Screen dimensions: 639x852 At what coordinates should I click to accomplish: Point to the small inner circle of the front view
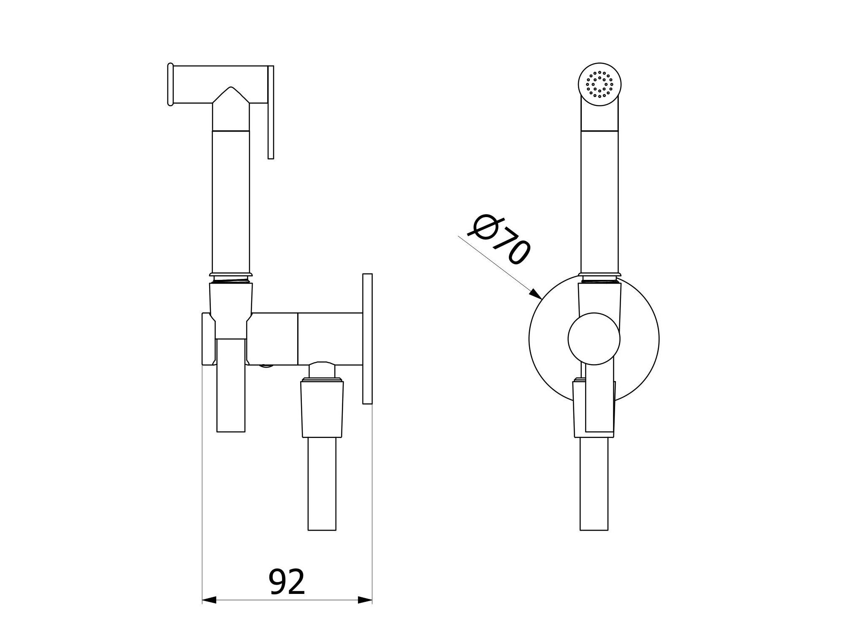click(594, 339)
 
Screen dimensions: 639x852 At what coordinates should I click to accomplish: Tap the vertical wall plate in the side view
click(367, 338)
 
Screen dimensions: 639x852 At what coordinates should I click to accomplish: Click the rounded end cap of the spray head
click(170, 84)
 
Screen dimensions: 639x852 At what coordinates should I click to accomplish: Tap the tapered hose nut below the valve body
click(322, 408)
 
